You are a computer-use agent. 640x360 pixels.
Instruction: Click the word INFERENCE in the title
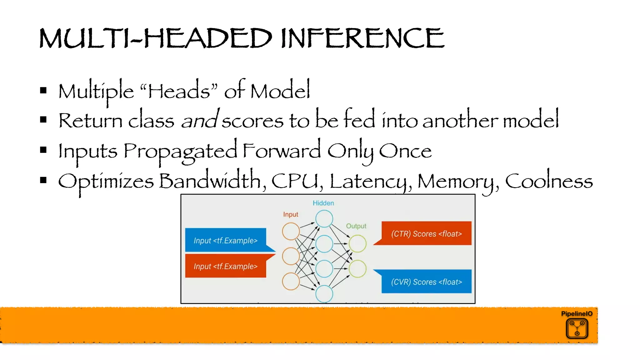pyautogui.click(x=362, y=38)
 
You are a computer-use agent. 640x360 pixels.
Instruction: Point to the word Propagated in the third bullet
pyautogui.click(x=180, y=151)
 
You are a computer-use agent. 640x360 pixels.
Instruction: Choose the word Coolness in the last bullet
pyautogui.click(x=549, y=181)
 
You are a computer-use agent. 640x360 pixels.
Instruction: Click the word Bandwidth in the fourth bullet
pyautogui.click(x=210, y=181)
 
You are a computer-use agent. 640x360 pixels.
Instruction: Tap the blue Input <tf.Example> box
pyautogui.click(x=226, y=240)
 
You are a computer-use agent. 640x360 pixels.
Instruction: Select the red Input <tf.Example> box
pyautogui.click(x=226, y=266)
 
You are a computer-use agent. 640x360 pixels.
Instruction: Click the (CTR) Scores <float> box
pyautogui.click(x=426, y=233)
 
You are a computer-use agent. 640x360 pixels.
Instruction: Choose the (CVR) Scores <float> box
pyautogui.click(x=426, y=282)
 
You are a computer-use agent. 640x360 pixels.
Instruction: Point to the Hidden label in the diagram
pyautogui.click(x=323, y=203)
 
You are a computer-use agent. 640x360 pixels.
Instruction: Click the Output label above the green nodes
pyautogui.click(x=356, y=226)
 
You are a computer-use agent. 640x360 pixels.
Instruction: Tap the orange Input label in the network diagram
pyautogui.click(x=291, y=214)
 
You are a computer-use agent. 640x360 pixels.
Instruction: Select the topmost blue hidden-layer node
pyautogui.click(x=324, y=218)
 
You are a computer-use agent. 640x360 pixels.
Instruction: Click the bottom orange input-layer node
pyautogui.click(x=291, y=281)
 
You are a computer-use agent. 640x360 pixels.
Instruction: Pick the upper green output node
pyautogui.click(x=357, y=244)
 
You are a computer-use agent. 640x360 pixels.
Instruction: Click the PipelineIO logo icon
pyautogui.click(x=577, y=328)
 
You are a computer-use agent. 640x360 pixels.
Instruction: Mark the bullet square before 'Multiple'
pyautogui.click(x=43, y=91)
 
